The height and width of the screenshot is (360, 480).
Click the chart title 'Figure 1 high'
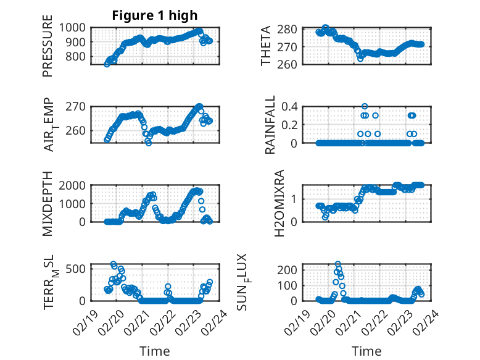coord(155,15)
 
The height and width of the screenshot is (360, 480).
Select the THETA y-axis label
coord(266,46)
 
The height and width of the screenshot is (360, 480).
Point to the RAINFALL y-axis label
coord(270,125)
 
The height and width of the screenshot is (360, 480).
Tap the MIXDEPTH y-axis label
coord(48,204)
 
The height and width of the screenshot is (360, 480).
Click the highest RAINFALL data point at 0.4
coord(365,106)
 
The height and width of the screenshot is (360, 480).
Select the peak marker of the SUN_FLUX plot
coord(337,264)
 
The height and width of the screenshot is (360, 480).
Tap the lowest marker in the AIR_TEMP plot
coord(149,143)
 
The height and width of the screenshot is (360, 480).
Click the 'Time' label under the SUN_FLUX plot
coord(366,351)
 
